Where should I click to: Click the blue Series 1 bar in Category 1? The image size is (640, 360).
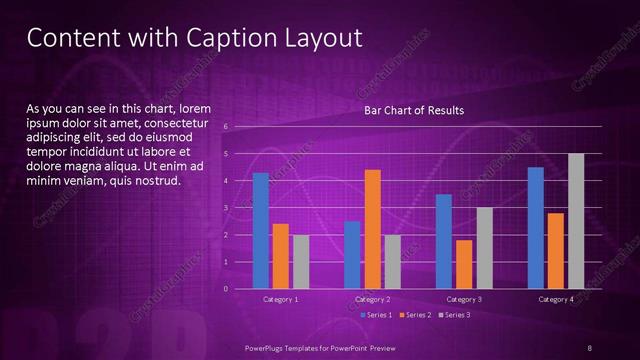tap(261, 231)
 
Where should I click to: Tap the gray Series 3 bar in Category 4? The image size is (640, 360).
tap(575, 221)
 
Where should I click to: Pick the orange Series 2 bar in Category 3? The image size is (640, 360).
tap(463, 264)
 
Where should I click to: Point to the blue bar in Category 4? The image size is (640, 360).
tap(535, 228)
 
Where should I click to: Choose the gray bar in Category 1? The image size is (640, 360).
tap(301, 262)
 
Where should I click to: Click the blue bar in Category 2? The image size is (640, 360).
tap(352, 255)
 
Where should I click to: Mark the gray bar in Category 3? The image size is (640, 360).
tap(483, 248)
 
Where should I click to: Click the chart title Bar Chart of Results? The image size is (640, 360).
tap(413, 110)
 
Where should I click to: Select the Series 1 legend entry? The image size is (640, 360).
tap(376, 315)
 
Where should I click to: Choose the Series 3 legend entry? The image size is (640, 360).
tap(455, 315)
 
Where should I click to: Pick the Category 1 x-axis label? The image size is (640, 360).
tap(280, 299)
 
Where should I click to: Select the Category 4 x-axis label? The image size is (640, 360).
tap(555, 299)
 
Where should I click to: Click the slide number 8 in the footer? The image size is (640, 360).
tap(590, 347)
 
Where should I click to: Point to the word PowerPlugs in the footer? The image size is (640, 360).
tap(270, 347)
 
